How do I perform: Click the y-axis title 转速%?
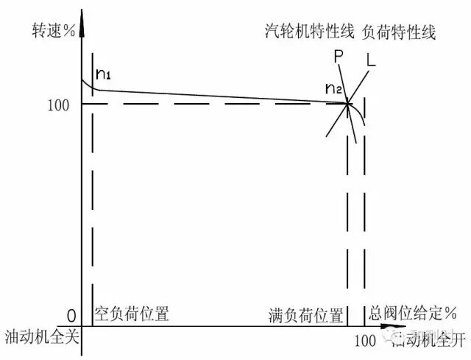[51, 32]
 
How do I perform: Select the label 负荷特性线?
[400, 32]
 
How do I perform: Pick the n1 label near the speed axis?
[105, 74]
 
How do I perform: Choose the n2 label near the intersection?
[334, 89]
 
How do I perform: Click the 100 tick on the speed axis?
[58, 105]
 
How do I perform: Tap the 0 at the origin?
[71, 316]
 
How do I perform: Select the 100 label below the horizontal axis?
[365, 342]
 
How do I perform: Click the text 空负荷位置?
[132, 315]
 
